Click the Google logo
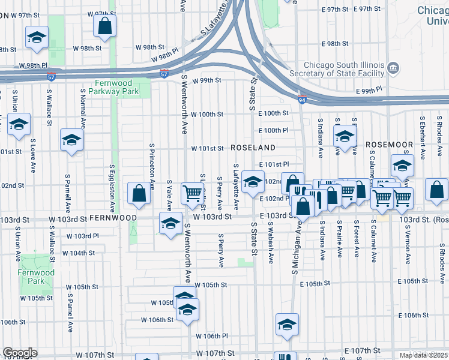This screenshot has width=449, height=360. [x=19, y=353]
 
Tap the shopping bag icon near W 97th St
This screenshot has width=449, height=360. [x=104, y=26]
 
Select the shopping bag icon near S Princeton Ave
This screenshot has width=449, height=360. [x=139, y=193]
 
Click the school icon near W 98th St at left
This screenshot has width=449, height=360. [x=37, y=37]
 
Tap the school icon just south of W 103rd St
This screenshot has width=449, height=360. [x=170, y=224]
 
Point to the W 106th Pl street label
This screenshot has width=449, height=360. [x=214, y=337]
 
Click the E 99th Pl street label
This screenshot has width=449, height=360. [x=369, y=91]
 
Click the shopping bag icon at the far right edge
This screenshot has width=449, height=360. [x=437, y=190]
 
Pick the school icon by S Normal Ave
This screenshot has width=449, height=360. [x=71, y=140]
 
